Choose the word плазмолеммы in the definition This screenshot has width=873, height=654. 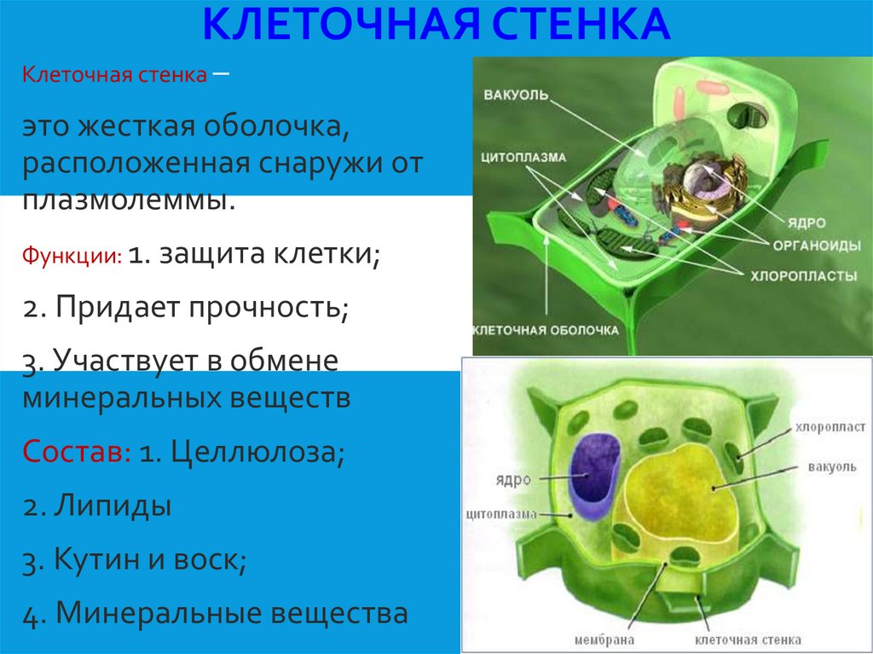pos(127,200)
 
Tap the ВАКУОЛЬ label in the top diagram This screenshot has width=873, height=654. pos(515,93)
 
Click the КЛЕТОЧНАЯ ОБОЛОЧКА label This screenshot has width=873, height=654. pos(546,330)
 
